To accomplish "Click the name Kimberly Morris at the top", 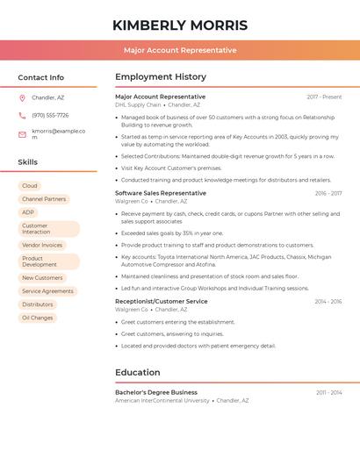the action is pyautogui.click(x=180, y=25).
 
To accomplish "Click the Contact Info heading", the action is pyautogui.click(x=41, y=77).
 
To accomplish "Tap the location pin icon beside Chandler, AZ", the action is pyautogui.click(x=23, y=97).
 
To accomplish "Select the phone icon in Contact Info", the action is pyautogui.click(x=23, y=115).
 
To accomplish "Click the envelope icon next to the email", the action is pyautogui.click(x=23, y=133).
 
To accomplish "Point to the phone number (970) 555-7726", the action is pyautogui.click(x=50, y=115).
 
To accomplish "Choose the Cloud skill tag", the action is pyautogui.click(x=30, y=186).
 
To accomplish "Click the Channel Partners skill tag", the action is pyautogui.click(x=44, y=199).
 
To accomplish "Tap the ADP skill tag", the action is pyautogui.click(x=29, y=212).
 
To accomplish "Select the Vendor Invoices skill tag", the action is pyautogui.click(x=42, y=246).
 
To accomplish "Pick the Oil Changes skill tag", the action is pyautogui.click(x=38, y=318).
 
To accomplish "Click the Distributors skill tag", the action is pyautogui.click(x=38, y=304).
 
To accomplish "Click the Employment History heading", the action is pyautogui.click(x=161, y=77).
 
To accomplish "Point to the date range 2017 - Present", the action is pyautogui.click(x=324, y=97).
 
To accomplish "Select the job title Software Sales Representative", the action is pyautogui.click(x=161, y=193).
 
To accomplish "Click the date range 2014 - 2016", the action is pyautogui.click(x=328, y=301).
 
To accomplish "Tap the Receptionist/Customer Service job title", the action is pyautogui.click(x=162, y=301).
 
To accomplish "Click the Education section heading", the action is pyautogui.click(x=138, y=372).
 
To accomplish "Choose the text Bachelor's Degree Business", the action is pyautogui.click(x=156, y=392).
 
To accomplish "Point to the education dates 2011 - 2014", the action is pyautogui.click(x=329, y=392).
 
